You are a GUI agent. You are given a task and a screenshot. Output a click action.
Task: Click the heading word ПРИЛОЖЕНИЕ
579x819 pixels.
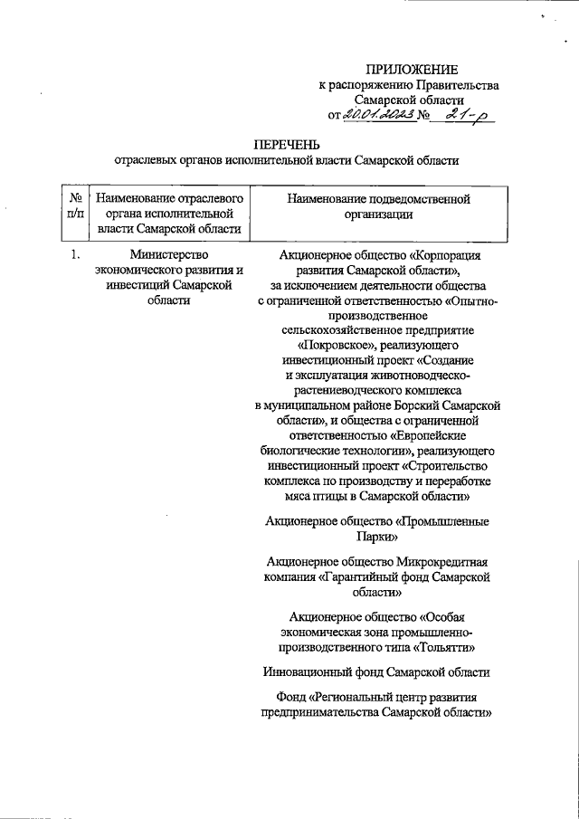pos(412,70)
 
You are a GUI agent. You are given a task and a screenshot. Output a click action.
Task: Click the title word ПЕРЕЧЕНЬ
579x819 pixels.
pos(285,145)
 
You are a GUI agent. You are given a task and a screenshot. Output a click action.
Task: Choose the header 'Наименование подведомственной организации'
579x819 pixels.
pos(378,205)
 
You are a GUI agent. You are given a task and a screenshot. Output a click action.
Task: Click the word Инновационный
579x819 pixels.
pos(308,672)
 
